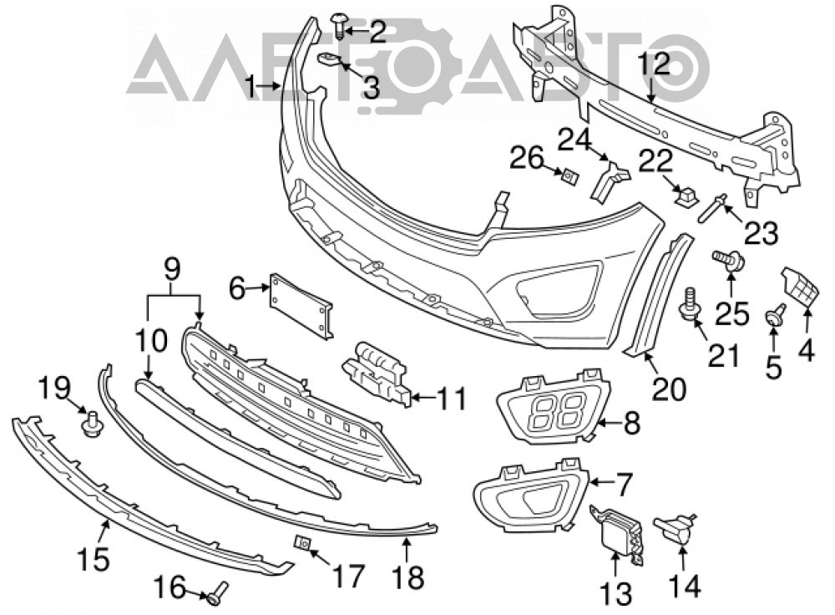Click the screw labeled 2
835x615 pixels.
(338, 26)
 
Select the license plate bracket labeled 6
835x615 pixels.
(301, 307)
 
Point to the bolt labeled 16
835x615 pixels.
(217, 592)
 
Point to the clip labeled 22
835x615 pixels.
(685, 196)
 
